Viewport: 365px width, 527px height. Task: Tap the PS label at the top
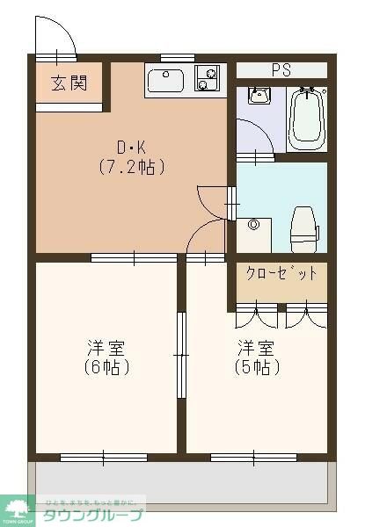click(x=281, y=69)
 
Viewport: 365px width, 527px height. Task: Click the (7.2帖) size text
click(x=132, y=166)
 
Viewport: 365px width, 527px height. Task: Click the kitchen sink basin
click(x=164, y=82)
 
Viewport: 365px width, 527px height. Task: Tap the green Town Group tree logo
click(x=18, y=507)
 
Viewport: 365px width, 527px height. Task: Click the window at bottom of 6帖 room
click(x=103, y=456)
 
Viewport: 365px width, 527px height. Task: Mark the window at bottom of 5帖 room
click(x=253, y=456)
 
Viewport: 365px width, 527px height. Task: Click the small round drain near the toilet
click(x=255, y=225)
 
